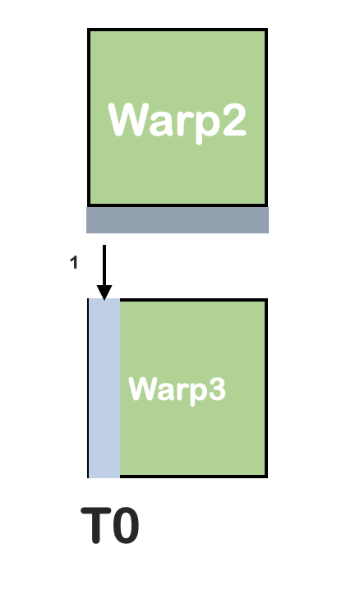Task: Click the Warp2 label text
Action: [177, 121]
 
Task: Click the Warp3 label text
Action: [177, 389]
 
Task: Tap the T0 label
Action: [110, 525]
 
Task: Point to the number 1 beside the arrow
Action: [74, 262]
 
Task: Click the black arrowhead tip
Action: [104, 300]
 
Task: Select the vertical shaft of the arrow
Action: [104, 265]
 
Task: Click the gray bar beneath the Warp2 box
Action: [178, 220]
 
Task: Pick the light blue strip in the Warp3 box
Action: [104, 388]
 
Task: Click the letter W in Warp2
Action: [129, 120]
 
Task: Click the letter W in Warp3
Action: [143, 389]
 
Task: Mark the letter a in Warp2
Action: [162, 124]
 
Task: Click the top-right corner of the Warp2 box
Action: [266, 30]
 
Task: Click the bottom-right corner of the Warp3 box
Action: [266, 477]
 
